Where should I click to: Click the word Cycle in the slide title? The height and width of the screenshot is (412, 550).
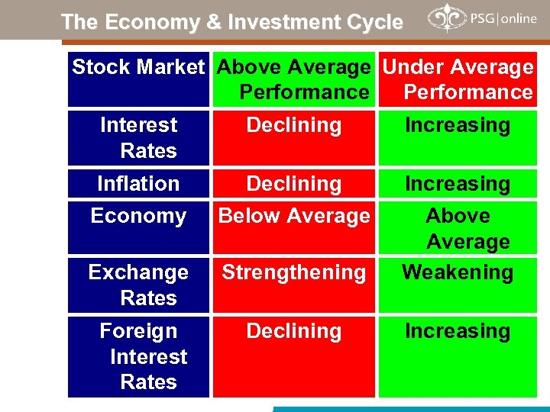click(x=374, y=23)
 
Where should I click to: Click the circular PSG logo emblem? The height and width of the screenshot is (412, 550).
click(x=444, y=18)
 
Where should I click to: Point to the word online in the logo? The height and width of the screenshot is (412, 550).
click(x=519, y=18)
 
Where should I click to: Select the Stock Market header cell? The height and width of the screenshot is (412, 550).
click(x=138, y=68)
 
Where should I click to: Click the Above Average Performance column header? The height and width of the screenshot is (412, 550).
click(x=294, y=79)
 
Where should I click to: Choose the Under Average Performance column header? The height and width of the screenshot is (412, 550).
click(x=458, y=79)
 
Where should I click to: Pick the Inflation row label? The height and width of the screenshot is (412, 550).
click(x=138, y=184)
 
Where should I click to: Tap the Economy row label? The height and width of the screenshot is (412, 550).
click(x=138, y=217)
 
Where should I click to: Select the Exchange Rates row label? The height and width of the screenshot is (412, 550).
click(x=138, y=285)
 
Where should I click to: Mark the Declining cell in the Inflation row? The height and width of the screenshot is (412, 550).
click(x=294, y=184)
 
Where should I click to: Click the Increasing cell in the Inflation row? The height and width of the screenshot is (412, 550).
click(x=458, y=184)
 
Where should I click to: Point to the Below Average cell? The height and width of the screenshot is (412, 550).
click(x=294, y=217)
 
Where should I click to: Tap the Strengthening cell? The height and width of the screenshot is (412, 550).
click(x=294, y=272)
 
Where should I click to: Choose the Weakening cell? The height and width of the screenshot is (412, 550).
click(x=458, y=272)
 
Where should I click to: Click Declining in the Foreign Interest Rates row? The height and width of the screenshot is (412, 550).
click(x=294, y=331)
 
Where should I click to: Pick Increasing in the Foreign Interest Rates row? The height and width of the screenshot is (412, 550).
click(x=458, y=331)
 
